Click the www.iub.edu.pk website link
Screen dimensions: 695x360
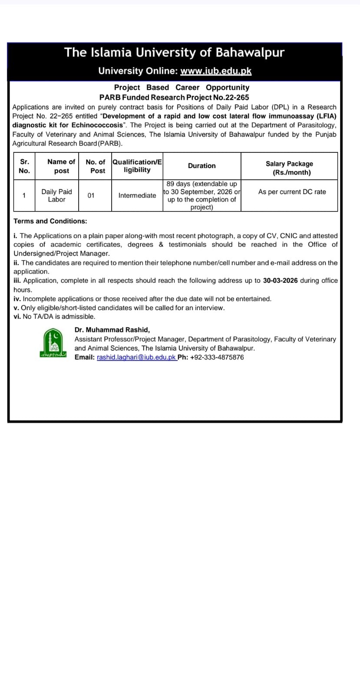pyautogui.click(x=216, y=71)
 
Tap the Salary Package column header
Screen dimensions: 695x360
pyautogui.click(x=289, y=168)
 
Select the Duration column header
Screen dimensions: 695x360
pyautogui.click(x=201, y=166)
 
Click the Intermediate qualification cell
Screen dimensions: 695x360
pyautogui.click(x=137, y=195)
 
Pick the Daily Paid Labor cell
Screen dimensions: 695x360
pyautogui.click(x=57, y=195)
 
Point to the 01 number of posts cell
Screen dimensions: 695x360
pyautogui.click(x=91, y=195)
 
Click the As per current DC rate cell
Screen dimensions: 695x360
pyautogui.click(x=292, y=192)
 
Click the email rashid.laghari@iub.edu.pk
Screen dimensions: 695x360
pyautogui.click(x=136, y=357)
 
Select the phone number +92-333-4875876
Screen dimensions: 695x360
pyautogui.click(x=217, y=357)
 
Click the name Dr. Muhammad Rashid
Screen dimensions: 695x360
pyautogui.click(x=112, y=330)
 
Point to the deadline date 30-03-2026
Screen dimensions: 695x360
pyautogui.click(x=280, y=281)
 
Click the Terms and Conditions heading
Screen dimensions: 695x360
pyautogui.click(x=50, y=221)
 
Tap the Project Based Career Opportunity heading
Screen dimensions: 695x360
pyautogui.click(x=182, y=88)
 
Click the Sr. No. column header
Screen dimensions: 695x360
pyautogui.click(x=24, y=166)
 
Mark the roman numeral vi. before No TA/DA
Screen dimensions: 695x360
pyautogui.click(x=17, y=317)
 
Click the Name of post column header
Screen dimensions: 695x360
pyautogui.click(x=61, y=166)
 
